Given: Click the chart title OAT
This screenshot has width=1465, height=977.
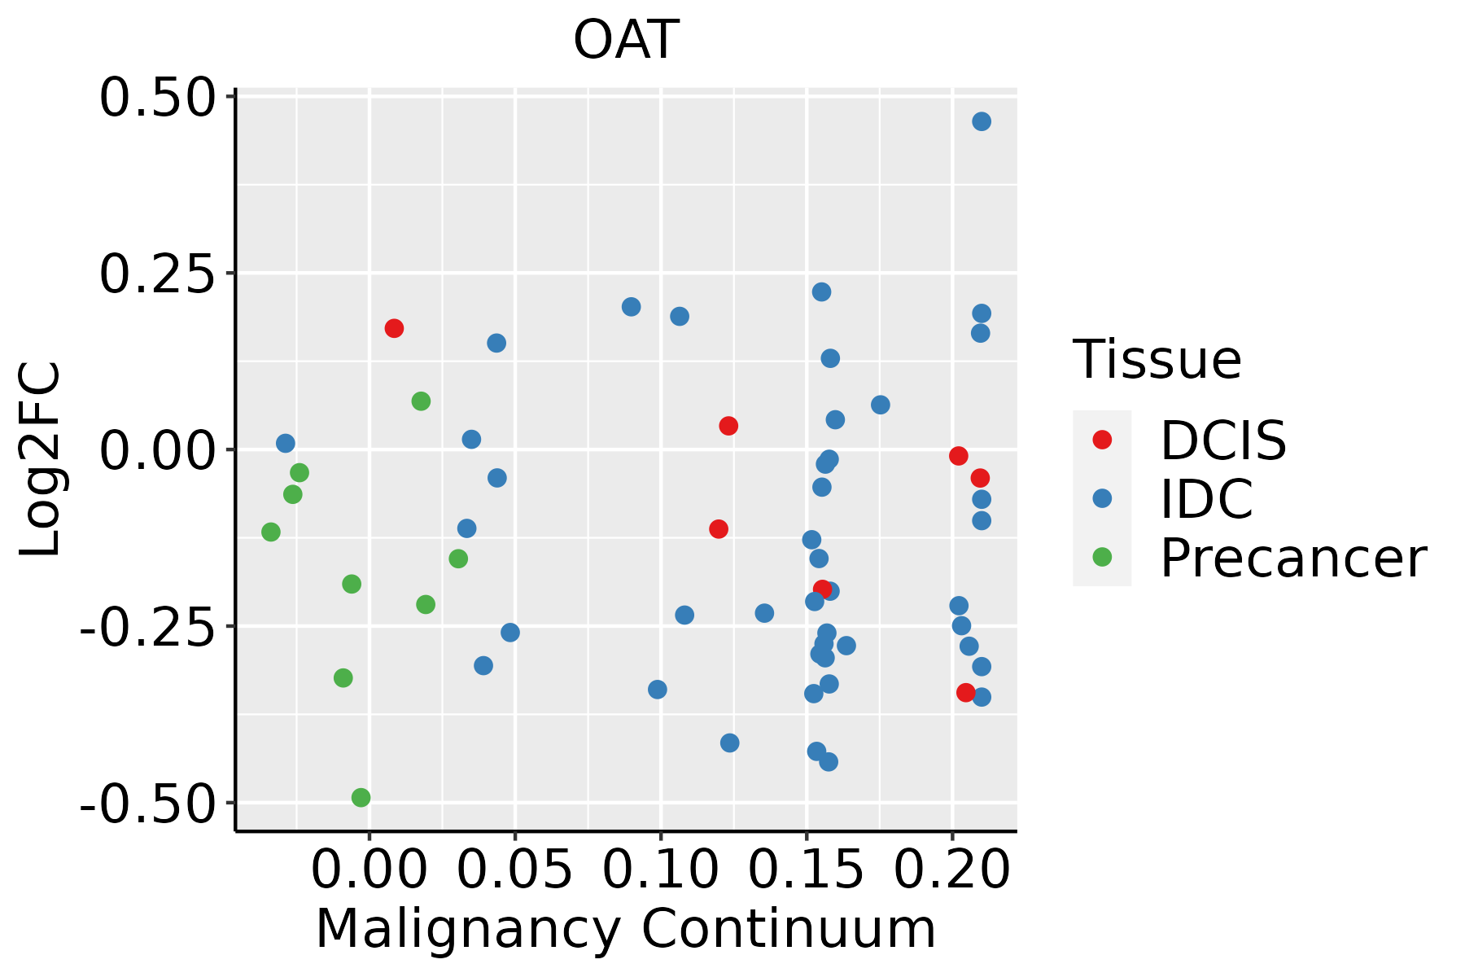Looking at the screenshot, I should pyautogui.click(x=626, y=40).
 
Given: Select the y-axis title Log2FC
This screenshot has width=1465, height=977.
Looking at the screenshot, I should pyautogui.click(x=41, y=460).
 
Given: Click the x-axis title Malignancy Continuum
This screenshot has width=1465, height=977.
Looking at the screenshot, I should pyautogui.click(x=625, y=929).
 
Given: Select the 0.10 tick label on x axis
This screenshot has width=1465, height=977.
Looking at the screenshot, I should pyautogui.click(x=660, y=870).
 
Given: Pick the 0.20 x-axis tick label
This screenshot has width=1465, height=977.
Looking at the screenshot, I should pyautogui.click(x=951, y=870).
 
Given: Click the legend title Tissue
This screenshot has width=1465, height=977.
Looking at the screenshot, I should pyautogui.click(x=1157, y=359).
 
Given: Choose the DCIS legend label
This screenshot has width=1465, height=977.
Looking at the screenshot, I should pyautogui.click(x=1222, y=440).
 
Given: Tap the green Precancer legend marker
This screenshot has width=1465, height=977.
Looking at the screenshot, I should pyautogui.click(x=1102, y=557).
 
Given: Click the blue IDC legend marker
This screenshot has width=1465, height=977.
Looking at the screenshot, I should pyautogui.click(x=1102, y=498).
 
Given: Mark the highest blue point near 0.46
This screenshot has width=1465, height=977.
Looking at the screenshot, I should pyautogui.click(x=982, y=121).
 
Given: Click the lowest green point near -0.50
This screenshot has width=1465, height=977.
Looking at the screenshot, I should pyautogui.click(x=361, y=798).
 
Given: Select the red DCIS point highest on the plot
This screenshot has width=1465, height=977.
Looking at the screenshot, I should pyautogui.click(x=394, y=328).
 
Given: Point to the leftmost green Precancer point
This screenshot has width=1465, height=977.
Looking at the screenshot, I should pyautogui.click(x=271, y=532).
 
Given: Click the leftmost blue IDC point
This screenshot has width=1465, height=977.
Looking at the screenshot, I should pyautogui.click(x=286, y=444).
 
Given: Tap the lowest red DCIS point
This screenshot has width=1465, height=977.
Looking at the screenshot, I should pyautogui.click(x=966, y=693).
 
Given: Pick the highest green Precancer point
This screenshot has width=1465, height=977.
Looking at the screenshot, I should pyautogui.click(x=421, y=401).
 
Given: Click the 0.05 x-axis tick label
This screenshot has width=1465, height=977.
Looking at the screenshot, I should pyautogui.click(x=514, y=870).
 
